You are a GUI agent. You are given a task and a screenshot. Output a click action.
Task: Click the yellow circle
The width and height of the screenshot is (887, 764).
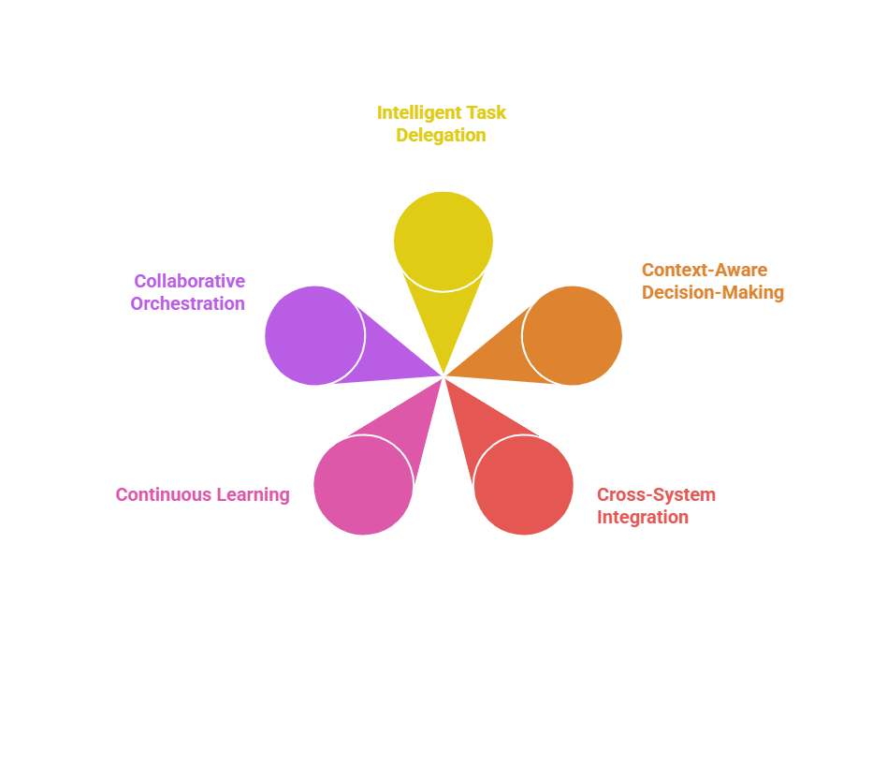pyautogui.click(x=443, y=242)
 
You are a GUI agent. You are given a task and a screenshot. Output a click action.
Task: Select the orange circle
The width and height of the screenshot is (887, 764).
pyautogui.click(x=572, y=335)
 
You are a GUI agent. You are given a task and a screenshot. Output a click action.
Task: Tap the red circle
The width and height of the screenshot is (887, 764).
pyautogui.click(x=523, y=485)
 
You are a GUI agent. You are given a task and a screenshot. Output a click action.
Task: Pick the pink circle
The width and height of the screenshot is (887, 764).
pyautogui.click(x=364, y=485)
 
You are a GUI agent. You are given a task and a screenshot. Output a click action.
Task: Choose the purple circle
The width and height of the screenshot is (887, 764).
pyautogui.click(x=315, y=335)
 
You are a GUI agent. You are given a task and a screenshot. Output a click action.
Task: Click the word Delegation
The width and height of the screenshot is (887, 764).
pyautogui.click(x=442, y=135)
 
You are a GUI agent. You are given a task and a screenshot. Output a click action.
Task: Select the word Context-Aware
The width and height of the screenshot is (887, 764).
pyautogui.click(x=705, y=270)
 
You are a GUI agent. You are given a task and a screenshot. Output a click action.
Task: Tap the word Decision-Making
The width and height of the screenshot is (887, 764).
pyautogui.click(x=713, y=292)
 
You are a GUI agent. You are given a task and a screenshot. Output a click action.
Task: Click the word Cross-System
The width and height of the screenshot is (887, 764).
pyautogui.click(x=656, y=494)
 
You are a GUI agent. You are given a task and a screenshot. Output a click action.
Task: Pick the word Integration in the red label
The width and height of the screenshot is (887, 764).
pyautogui.click(x=643, y=517)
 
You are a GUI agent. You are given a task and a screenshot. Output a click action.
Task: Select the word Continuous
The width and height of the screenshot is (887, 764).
pyautogui.click(x=164, y=494)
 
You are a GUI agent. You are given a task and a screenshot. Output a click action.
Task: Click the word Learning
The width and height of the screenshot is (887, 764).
pyautogui.click(x=254, y=495)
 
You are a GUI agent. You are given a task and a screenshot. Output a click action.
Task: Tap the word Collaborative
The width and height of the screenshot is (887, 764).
pyautogui.click(x=190, y=281)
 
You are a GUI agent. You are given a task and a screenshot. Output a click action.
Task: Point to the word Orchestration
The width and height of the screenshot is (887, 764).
pyautogui.click(x=188, y=304)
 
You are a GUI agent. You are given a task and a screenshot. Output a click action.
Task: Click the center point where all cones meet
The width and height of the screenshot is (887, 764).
pyautogui.click(x=443, y=376)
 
